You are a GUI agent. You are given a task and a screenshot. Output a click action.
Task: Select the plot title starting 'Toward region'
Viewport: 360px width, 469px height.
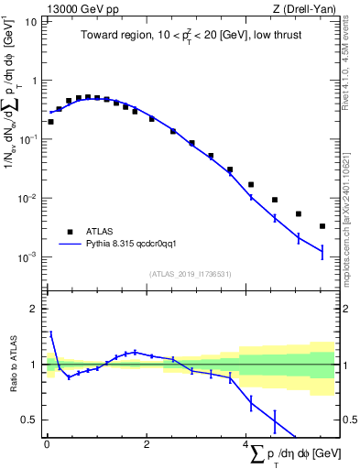coord(190,36)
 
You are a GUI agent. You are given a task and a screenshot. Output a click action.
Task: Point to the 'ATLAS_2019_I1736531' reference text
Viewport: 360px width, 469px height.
coord(189,274)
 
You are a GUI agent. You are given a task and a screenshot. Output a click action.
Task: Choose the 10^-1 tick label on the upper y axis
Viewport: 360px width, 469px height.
coord(27,139)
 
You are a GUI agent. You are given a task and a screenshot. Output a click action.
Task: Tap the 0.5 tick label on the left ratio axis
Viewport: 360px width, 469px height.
coord(29,420)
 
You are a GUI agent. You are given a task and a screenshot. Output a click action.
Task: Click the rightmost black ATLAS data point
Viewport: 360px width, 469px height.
coord(322,226)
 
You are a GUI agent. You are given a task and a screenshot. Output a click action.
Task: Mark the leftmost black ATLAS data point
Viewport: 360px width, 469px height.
coord(50,121)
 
